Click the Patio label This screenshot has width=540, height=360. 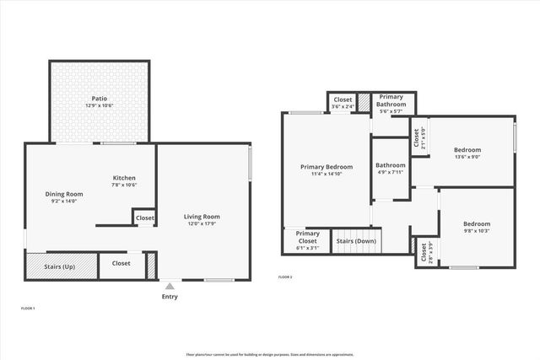[99, 99]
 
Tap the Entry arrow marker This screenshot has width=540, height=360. [170, 286]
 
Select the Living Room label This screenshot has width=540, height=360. [202, 218]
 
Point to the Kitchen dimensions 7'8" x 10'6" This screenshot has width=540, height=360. [125, 185]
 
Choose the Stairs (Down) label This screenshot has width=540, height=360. [356, 241]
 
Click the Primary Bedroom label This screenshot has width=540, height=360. [327, 167]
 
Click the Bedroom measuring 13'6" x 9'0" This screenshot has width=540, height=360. [467, 150]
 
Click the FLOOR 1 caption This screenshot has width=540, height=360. [28, 309]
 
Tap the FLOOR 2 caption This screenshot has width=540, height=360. [286, 277]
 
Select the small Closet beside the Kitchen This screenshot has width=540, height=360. [144, 218]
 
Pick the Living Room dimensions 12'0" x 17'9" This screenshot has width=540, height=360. [202, 224]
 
